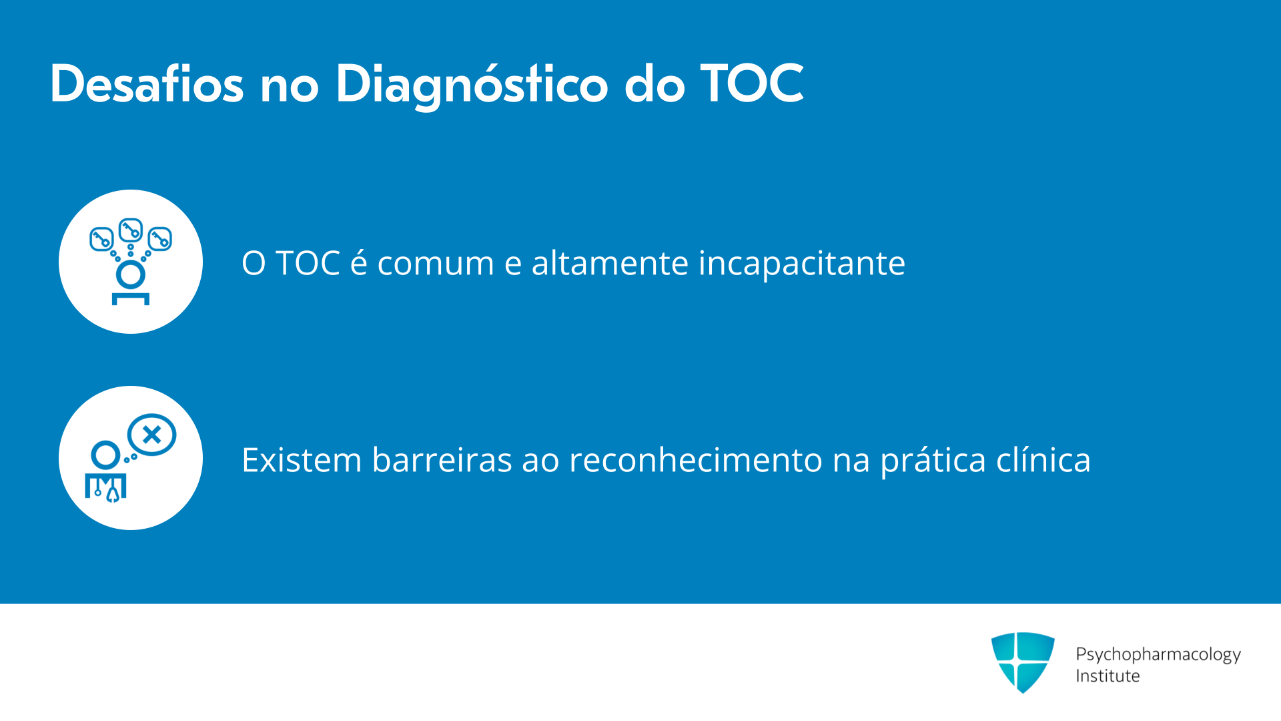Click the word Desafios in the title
point(147,84)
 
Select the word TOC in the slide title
point(752,84)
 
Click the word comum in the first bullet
point(436,263)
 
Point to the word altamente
point(609,262)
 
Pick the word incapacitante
point(802,264)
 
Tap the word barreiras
point(442,460)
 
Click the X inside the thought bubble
point(152,435)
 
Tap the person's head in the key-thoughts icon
point(131,274)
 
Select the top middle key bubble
point(131,230)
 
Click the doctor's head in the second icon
point(106,455)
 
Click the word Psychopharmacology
point(1158,655)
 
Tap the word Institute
point(1108,676)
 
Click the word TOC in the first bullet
point(308,263)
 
